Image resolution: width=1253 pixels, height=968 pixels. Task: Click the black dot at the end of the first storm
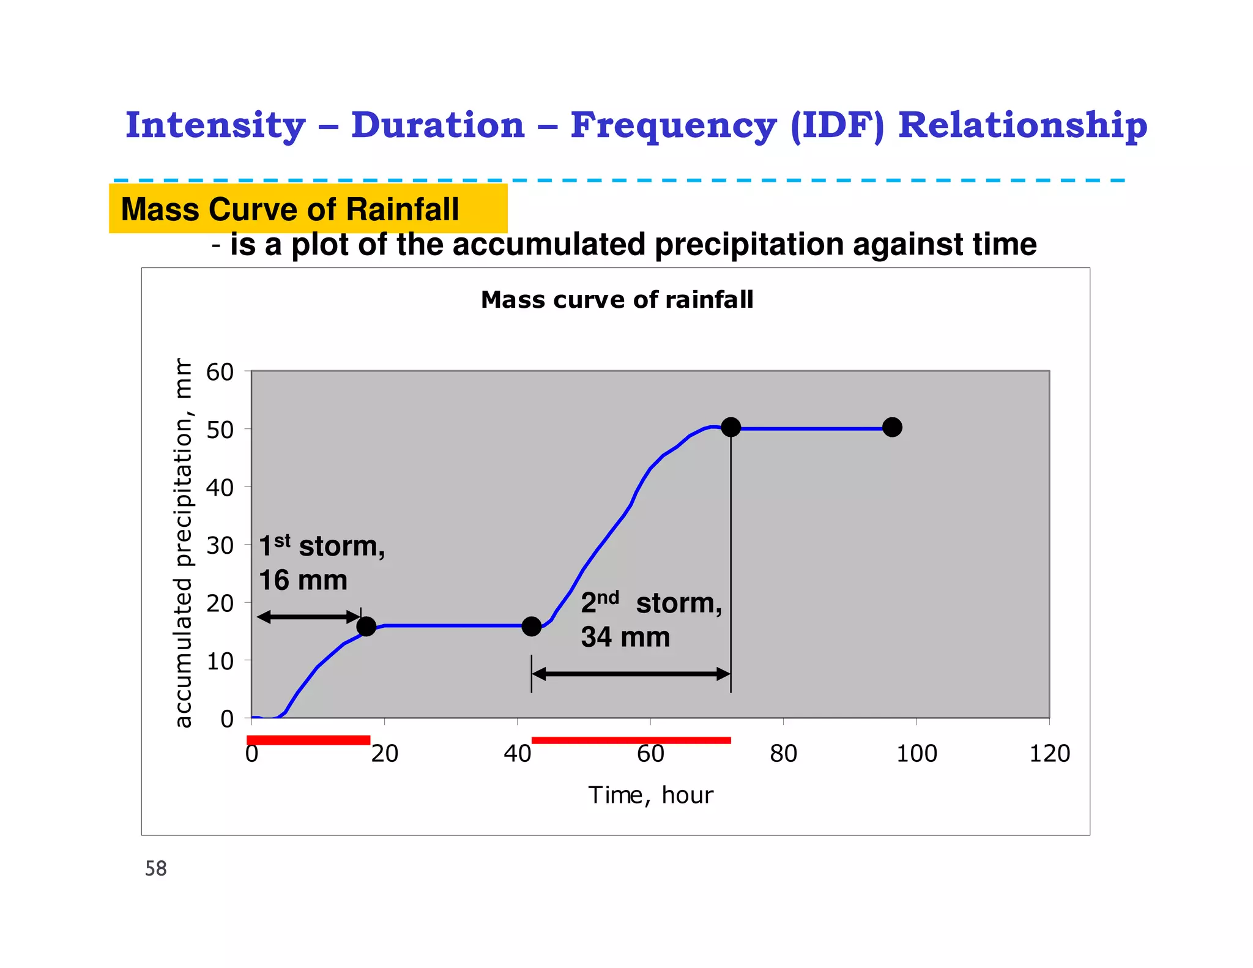tap(366, 626)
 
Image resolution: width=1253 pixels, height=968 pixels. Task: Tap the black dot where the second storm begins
tap(532, 626)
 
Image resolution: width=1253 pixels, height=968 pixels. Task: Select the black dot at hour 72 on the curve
tap(731, 427)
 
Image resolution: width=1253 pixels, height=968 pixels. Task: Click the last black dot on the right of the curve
tap(892, 427)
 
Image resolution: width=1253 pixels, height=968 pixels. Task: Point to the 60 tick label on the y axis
tap(220, 372)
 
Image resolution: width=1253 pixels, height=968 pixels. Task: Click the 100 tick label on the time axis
tap(916, 753)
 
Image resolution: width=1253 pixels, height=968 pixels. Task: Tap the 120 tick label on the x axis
tap(1049, 753)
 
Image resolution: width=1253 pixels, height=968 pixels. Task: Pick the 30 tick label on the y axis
tap(220, 545)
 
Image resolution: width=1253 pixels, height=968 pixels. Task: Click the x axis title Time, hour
tap(650, 795)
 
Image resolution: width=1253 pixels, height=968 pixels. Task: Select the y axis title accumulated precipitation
tap(183, 543)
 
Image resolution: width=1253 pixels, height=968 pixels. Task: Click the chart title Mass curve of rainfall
tap(617, 300)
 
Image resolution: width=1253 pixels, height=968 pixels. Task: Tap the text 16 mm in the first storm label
tap(303, 580)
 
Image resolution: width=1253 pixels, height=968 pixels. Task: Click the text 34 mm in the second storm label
tap(625, 637)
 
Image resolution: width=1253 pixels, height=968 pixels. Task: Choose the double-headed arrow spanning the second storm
tap(631, 674)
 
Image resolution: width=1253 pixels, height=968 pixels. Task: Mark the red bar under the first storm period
tap(308, 740)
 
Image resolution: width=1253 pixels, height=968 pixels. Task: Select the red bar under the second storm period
tap(631, 740)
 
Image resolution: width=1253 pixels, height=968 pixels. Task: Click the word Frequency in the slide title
tap(673, 125)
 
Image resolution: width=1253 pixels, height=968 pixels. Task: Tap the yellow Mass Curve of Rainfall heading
tap(290, 209)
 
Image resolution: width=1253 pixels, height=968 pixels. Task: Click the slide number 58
tap(155, 868)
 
